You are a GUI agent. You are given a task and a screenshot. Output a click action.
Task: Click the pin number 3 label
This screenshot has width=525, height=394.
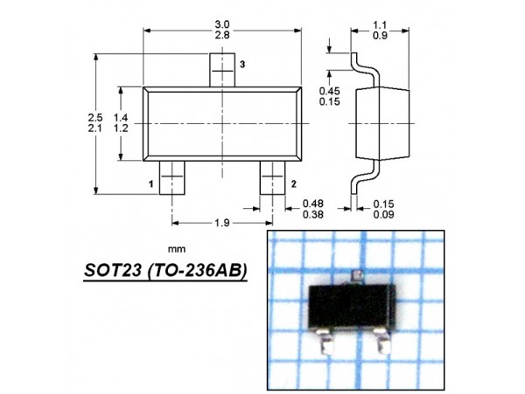242,66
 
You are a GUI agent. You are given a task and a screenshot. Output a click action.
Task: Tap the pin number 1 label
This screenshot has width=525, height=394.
151,183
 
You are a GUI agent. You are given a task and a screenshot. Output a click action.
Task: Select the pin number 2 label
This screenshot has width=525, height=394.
292,183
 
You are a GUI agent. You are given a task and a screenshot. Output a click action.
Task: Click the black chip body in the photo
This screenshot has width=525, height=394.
356,307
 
